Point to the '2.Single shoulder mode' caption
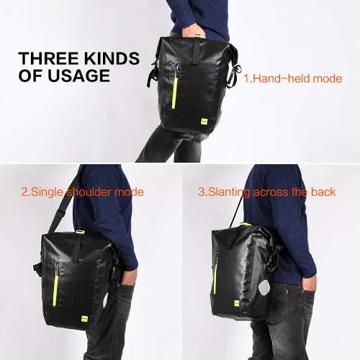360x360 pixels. click(x=82, y=192)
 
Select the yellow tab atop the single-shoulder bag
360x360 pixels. click(x=80, y=233)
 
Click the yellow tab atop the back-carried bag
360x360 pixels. click(x=245, y=224)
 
